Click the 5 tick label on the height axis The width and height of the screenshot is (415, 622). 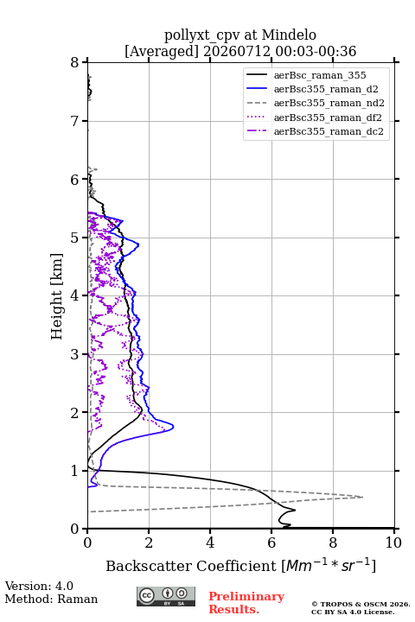74,238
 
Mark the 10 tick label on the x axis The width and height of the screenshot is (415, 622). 393,543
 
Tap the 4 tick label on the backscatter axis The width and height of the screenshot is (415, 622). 210,543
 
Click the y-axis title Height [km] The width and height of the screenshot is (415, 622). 56,296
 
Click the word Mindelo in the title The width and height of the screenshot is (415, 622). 289,35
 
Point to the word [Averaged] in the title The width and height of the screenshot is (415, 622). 161,51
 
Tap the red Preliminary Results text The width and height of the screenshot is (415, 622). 246,603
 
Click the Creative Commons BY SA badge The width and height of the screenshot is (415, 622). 166,596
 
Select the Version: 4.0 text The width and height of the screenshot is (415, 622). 39,586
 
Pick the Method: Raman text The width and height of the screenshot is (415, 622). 51,599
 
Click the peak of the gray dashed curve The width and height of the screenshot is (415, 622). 362,497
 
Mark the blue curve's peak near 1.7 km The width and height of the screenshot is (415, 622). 173,427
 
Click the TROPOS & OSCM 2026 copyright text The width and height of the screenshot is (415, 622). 361,604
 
